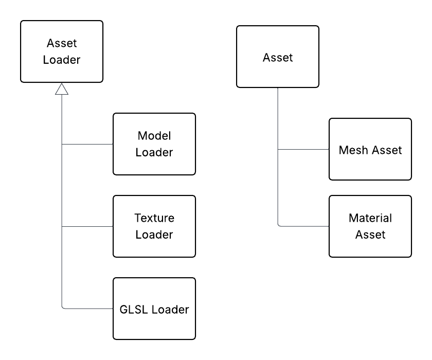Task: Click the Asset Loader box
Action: click(62, 51)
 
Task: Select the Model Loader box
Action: click(154, 144)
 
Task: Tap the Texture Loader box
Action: click(154, 226)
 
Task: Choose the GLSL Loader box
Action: click(154, 309)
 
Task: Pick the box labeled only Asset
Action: click(278, 57)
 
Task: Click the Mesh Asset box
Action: click(370, 149)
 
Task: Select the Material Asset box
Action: click(370, 226)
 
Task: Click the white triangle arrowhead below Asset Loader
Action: click(62, 90)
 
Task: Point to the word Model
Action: click(154, 136)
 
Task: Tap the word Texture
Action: click(154, 218)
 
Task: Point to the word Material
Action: click(370, 218)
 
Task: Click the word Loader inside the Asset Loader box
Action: click(62, 60)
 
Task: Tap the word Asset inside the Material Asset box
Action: click(370, 235)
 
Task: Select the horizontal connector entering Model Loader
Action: click(87, 145)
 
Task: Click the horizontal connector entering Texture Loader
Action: click(87, 226)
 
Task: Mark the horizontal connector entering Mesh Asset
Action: click(303, 150)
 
